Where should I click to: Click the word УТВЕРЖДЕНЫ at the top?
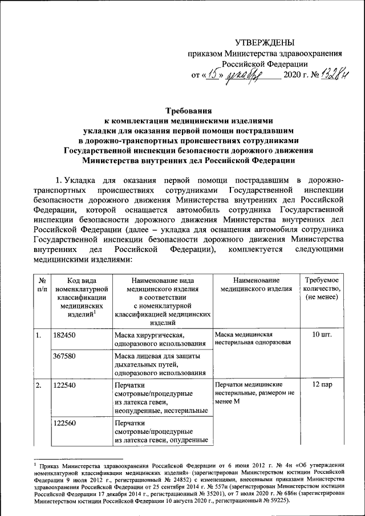(265, 42)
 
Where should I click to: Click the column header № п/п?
(42, 285)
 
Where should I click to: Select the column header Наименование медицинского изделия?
(256, 285)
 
